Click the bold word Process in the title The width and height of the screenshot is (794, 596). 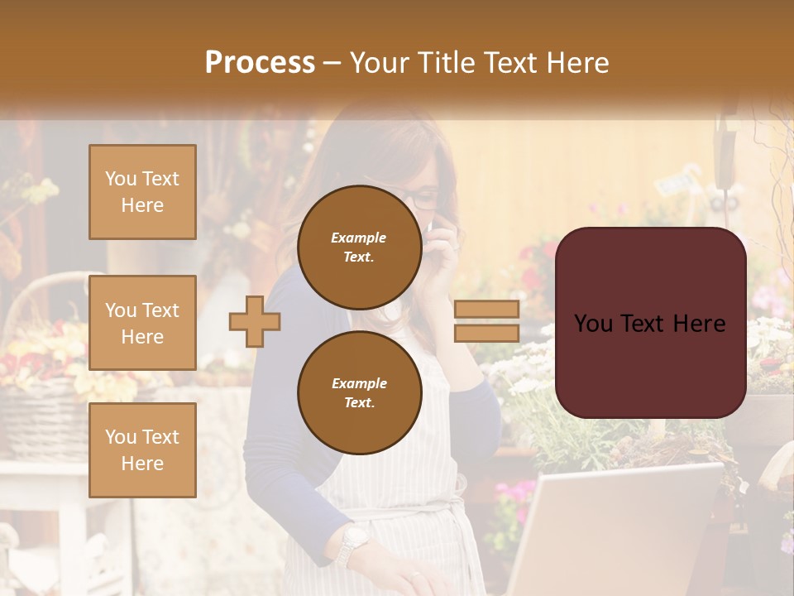260,62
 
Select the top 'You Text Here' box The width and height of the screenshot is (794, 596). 142,192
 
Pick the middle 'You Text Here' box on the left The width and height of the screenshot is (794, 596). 142,323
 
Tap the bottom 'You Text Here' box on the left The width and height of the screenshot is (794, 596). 142,449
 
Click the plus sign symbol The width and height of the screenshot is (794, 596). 255,320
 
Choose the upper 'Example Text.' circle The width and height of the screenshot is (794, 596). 359,247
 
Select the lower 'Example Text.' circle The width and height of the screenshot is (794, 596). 359,392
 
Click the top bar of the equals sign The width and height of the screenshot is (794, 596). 487,310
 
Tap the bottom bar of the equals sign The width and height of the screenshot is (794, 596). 487,333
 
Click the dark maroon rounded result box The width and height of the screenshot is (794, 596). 650,323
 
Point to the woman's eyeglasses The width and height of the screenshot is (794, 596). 421,199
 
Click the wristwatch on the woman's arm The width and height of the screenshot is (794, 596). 353,543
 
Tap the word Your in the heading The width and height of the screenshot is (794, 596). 378,63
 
